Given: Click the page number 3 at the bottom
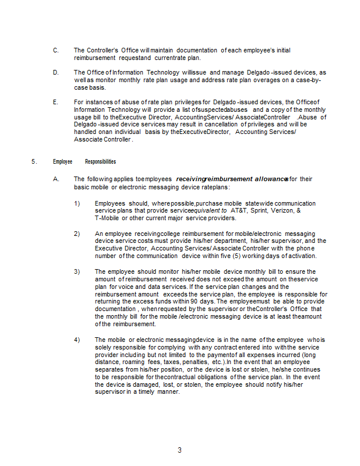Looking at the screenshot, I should (x=179, y=450).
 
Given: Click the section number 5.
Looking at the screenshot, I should (x=34, y=161).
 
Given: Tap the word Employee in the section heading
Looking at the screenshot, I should (x=63, y=161).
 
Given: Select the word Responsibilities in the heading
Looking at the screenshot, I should (x=100, y=161).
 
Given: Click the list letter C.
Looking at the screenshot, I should (x=55, y=51).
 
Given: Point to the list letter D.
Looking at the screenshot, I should (x=55, y=72).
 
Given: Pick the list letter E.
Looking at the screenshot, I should (x=55, y=102).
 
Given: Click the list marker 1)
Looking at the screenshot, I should (x=77, y=203).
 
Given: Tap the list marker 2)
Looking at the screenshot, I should (x=77, y=234).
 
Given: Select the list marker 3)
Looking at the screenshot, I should (x=77, y=271).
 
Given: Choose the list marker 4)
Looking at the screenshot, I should (x=77, y=339).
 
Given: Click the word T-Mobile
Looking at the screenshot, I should (x=107, y=218).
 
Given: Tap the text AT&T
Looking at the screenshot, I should (x=239, y=211).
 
